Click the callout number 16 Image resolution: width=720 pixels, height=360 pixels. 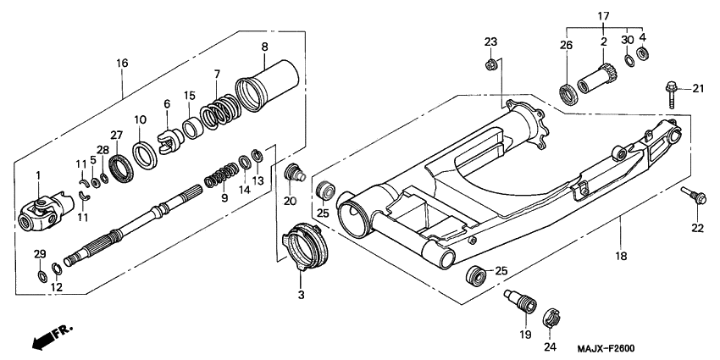point(122,64)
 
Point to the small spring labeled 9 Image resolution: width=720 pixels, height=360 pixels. point(221,176)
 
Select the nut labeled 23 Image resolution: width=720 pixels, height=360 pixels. point(490,64)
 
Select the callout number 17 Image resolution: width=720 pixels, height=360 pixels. point(603,15)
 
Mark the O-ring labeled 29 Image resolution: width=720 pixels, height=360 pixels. point(40,276)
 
